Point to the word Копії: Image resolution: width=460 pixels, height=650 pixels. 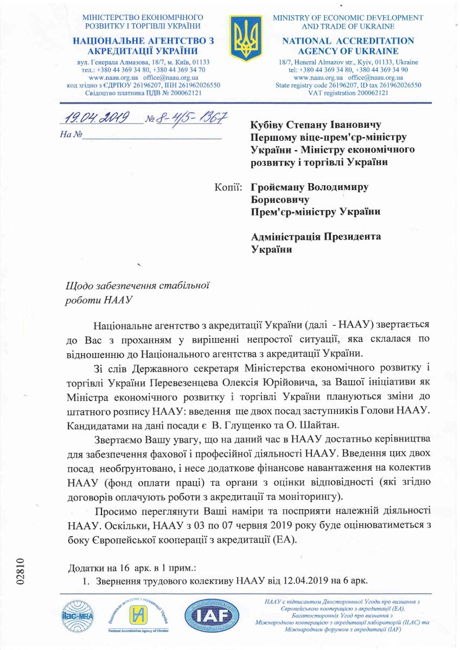tap(229, 187)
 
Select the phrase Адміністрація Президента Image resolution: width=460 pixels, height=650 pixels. tap(316, 237)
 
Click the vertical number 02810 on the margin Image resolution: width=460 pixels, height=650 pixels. tap(21, 570)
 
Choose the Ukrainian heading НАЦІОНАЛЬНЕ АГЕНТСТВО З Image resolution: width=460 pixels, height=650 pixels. tap(143, 41)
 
